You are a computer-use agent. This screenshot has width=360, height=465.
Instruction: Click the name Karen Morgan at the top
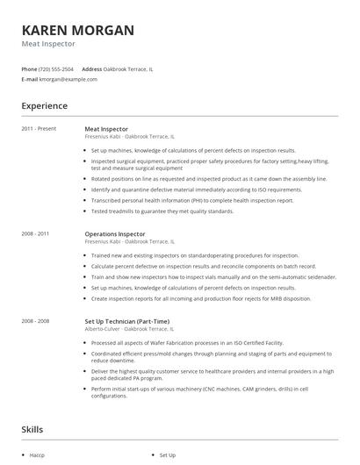click(78, 31)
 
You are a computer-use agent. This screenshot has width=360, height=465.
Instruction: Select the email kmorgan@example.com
click(68, 79)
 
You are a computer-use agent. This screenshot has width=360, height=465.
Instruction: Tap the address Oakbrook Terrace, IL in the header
click(128, 68)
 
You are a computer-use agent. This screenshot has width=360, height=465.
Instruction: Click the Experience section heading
click(44, 106)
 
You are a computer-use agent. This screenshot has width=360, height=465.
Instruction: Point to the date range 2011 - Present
click(39, 129)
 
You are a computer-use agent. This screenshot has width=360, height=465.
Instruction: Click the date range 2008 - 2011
click(36, 234)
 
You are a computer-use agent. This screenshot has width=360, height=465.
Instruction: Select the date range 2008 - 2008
click(36, 321)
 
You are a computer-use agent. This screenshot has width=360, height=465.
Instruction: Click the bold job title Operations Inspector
click(115, 234)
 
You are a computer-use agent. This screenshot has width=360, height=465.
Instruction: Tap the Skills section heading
click(33, 430)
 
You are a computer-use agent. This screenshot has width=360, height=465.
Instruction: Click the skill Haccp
click(36, 455)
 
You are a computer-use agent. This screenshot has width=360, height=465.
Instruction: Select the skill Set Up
click(167, 455)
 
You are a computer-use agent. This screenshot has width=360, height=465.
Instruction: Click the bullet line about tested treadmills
click(162, 211)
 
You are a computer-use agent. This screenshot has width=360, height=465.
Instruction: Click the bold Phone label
click(29, 68)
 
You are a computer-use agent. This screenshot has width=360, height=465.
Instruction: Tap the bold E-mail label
click(30, 79)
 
